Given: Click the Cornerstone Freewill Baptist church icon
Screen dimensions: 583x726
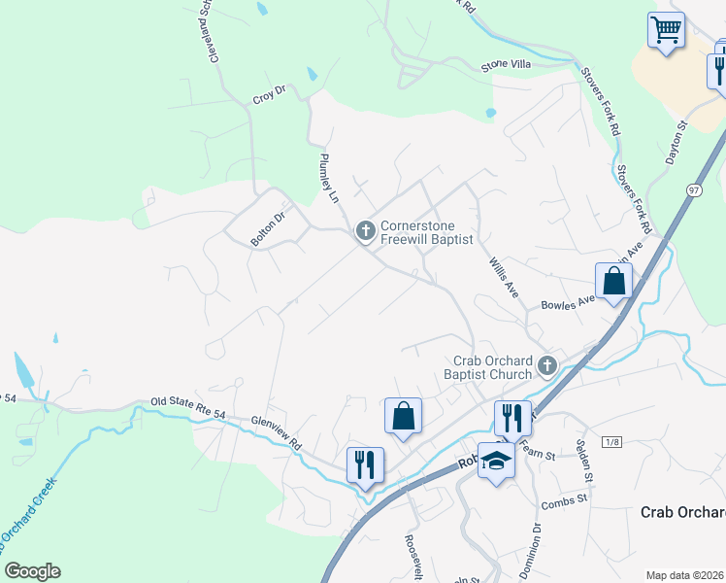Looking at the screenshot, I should [366, 230].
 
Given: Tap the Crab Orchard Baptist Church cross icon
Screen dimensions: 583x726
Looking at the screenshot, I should [546, 366].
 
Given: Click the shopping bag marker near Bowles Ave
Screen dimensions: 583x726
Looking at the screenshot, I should [614, 282].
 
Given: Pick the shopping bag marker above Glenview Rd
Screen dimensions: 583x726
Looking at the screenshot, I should [403, 417].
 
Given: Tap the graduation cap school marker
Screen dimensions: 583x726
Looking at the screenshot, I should [497, 460].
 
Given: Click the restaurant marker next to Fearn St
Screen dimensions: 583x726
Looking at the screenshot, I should [512, 419].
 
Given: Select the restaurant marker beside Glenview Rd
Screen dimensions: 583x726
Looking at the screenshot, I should [366, 463].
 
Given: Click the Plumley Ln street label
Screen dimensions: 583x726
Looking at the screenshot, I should [328, 176].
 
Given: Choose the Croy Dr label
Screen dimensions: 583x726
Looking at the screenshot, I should [269, 95].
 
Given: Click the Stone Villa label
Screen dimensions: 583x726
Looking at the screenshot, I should [507, 66].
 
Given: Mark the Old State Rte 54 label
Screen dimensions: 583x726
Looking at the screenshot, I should [188, 408].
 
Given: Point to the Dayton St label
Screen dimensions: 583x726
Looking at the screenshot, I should [676, 141].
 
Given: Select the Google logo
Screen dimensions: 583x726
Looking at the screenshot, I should [31, 571].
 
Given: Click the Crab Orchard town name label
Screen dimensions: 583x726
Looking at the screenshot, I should [683, 512].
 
